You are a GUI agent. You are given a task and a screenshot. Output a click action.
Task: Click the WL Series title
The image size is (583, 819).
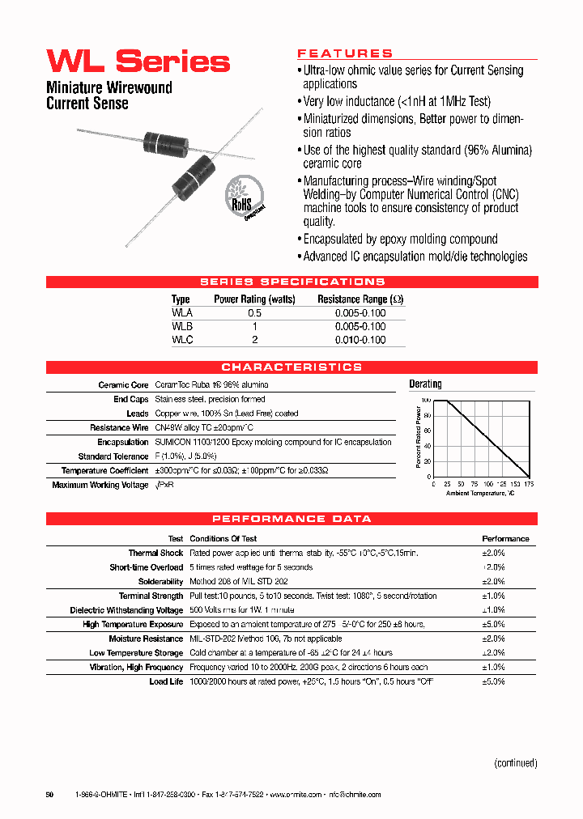pos(138,62)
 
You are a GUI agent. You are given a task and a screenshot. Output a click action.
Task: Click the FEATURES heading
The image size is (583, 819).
pos(345,53)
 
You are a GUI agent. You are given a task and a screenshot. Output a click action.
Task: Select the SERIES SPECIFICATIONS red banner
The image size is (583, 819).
pos(291,282)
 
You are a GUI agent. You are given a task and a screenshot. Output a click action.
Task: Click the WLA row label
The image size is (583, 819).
pos(182,312)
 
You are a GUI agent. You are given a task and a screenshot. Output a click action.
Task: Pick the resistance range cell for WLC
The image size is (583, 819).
pos(360,340)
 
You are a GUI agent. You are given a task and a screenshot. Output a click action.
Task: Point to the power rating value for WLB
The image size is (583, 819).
pos(254,326)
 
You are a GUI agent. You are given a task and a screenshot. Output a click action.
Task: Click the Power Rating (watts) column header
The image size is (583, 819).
pos(254,299)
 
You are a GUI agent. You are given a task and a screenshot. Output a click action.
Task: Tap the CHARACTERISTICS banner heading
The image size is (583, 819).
pos(291,367)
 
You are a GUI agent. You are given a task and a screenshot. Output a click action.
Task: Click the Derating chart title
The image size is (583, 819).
pos(425,384)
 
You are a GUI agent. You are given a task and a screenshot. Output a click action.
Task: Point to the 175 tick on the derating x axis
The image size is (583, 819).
pos(528,484)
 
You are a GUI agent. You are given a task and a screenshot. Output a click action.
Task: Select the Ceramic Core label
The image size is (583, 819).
pos(123,385)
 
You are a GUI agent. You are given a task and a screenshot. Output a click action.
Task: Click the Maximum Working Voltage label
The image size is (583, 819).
pos(100,485)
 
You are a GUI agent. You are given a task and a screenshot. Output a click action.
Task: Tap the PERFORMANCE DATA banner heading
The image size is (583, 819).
pos(291,519)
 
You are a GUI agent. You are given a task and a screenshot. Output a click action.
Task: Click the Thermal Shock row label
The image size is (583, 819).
pos(155,554)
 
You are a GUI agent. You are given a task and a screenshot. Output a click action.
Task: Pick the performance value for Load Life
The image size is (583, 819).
pos(493,681)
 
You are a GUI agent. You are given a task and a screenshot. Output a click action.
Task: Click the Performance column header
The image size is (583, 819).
pos(505,539)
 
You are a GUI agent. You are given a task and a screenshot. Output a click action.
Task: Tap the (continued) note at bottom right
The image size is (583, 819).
pos(515,762)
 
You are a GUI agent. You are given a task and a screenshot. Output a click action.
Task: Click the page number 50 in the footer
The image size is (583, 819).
pos(49,796)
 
